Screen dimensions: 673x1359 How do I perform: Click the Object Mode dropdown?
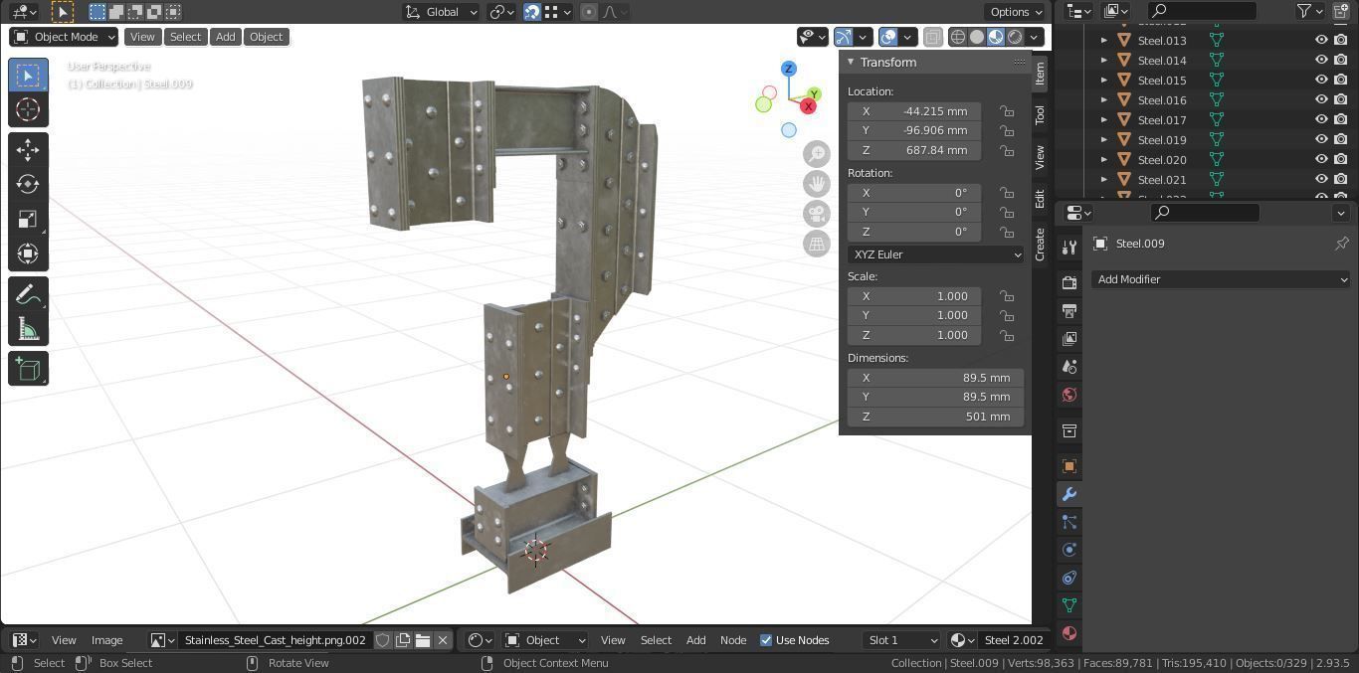point(64,37)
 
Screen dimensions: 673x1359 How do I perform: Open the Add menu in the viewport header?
point(226,37)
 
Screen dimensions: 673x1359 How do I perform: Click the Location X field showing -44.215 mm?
point(914,111)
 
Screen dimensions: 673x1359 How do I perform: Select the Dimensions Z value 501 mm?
point(935,417)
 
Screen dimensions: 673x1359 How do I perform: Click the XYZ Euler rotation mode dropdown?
point(935,254)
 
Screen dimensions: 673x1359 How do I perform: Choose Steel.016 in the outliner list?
point(1162,100)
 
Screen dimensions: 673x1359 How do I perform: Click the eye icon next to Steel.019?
point(1321,140)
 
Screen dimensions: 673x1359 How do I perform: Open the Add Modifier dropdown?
point(1221,279)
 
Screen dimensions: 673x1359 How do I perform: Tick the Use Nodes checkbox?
point(766,640)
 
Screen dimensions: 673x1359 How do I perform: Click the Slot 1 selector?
point(901,640)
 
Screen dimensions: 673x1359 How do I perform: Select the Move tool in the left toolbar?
point(28,149)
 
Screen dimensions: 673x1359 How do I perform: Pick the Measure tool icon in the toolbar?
point(28,330)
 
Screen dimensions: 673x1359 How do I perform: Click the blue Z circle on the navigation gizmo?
point(789,69)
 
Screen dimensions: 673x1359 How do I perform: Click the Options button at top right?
point(1015,12)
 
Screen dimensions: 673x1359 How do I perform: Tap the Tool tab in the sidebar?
point(1040,114)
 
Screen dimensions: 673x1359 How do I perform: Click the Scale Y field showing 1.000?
point(914,315)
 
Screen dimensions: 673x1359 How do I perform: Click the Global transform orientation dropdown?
point(441,12)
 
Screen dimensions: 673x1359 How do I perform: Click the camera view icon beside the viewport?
point(817,214)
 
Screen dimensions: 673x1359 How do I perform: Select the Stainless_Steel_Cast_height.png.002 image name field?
point(275,640)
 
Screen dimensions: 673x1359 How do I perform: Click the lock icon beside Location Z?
point(1007,151)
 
